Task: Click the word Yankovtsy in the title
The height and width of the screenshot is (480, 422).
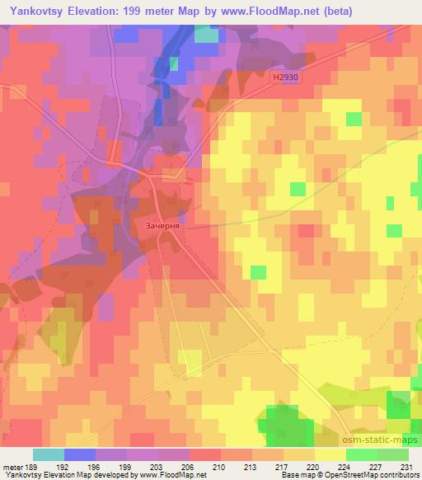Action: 37,10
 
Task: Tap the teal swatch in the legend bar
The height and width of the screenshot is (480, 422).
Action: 49,454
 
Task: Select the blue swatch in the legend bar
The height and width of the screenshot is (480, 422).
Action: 79,454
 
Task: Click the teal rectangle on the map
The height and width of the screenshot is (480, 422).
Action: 207,35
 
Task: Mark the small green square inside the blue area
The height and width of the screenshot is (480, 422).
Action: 174,63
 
